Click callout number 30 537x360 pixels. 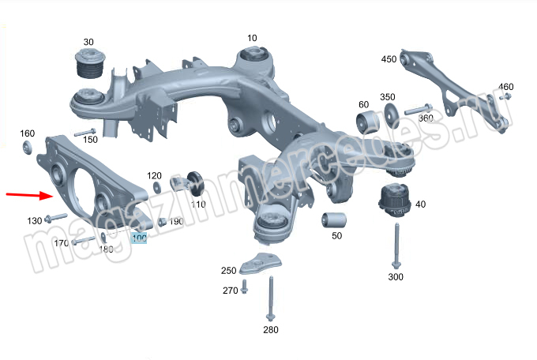tap(88, 42)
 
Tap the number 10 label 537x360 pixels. tap(252, 38)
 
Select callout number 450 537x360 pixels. tap(389, 59)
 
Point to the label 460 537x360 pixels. tap(506, 86)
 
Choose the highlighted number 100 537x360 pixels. tap(139, 237)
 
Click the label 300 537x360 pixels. tap(396, 277)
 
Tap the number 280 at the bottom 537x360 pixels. tap(270, 329)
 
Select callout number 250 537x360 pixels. tap(229, 270)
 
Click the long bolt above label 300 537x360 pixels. tap(395, 246)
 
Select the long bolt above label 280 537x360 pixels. tap(270, 299)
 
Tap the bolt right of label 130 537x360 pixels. tap(56, 217)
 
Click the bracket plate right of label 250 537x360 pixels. tap(261, 263)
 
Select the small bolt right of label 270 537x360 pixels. tap(244, 290)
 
